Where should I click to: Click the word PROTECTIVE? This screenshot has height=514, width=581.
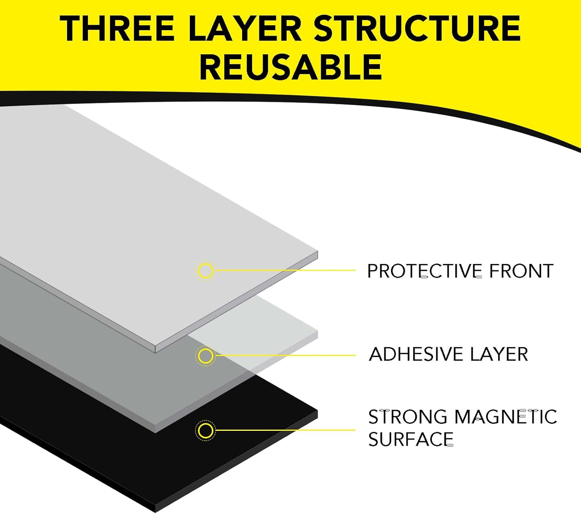425,271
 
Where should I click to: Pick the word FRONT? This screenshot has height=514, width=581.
521,271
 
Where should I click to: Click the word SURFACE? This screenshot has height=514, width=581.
411,439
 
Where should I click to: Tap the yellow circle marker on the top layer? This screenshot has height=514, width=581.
205,270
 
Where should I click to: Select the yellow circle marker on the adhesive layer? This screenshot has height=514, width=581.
205,356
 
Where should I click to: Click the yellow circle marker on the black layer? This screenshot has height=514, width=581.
205,430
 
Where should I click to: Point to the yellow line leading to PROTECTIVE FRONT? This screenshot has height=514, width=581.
285,270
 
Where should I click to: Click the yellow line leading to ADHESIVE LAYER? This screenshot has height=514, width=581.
285,355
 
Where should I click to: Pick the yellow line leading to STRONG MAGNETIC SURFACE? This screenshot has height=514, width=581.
285,430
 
